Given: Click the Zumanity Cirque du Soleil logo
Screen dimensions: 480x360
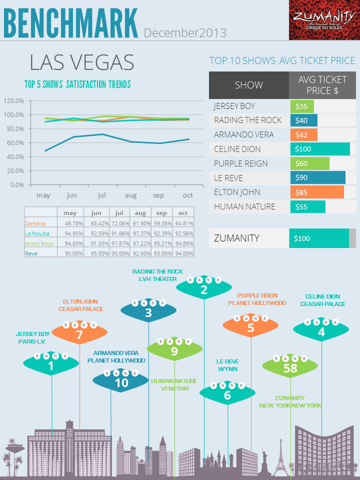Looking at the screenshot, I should point(324,20).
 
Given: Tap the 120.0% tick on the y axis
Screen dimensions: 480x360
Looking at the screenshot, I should point(14,100).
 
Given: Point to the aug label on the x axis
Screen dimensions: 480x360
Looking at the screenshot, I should point(131,195).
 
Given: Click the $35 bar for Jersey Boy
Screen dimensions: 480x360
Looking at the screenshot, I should point(302,106).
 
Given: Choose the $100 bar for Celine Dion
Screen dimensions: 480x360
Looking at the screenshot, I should point(319,149).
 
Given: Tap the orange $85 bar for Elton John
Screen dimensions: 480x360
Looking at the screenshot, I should point(316,192).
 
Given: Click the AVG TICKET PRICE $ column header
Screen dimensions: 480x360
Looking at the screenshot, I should point(322,85).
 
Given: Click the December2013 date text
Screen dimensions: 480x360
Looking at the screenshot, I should point(185,33).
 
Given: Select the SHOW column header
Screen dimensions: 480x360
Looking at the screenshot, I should point(248,85).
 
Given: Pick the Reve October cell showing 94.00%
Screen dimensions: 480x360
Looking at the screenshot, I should point(184,253).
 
